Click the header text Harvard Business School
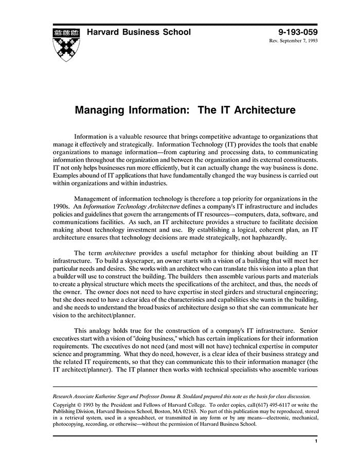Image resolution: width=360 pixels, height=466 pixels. click(139, 32)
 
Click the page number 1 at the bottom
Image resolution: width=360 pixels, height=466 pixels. click(315, 441)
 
